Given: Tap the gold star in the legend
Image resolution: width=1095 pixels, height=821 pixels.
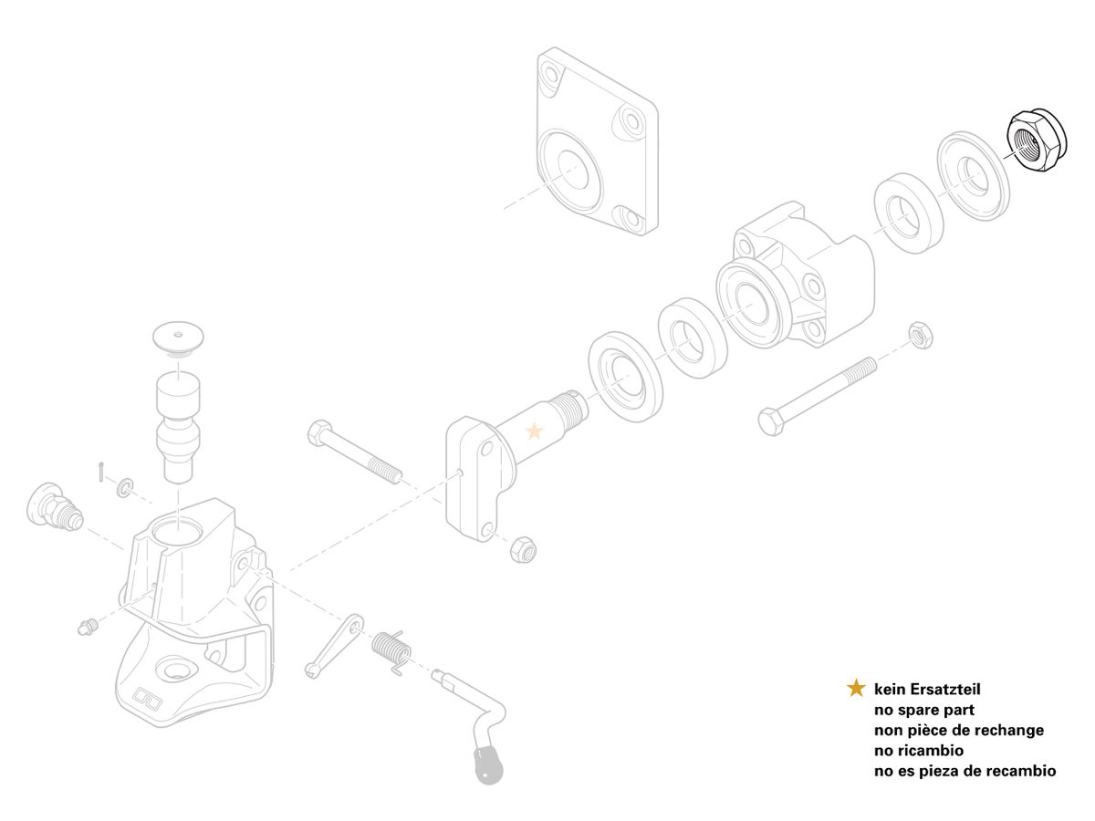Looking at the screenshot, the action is point(856,688).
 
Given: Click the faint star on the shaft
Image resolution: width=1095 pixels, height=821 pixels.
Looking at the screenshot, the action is point(535,431).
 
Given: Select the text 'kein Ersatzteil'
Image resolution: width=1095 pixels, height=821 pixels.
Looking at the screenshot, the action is point(927,689).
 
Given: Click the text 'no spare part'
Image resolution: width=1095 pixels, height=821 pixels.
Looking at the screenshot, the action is point(923,710).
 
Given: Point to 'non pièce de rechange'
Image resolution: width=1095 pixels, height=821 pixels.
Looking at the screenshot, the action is point(959,730).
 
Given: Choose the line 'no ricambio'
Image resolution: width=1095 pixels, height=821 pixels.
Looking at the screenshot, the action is point(918,750).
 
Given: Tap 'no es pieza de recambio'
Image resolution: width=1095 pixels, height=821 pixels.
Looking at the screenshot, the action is point(965,771).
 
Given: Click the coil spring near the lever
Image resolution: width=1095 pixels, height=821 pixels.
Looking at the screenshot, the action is point(393,651).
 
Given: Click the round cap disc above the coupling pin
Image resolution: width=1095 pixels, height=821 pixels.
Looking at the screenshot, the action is point(178,338).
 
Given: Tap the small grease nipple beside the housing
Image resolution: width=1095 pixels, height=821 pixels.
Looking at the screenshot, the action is point(88,626).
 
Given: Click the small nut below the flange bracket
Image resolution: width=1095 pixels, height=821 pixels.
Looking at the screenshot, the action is point(523,550).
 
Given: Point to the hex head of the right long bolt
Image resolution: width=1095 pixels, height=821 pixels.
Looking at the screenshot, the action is point(771,421).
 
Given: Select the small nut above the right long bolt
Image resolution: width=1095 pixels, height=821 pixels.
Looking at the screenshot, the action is point(921,336).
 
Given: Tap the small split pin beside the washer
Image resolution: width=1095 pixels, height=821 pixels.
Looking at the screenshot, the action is point(100,472).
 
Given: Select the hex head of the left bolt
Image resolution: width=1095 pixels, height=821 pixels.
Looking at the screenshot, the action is point(319,432).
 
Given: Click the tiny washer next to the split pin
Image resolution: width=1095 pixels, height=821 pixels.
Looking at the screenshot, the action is point(125,487).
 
